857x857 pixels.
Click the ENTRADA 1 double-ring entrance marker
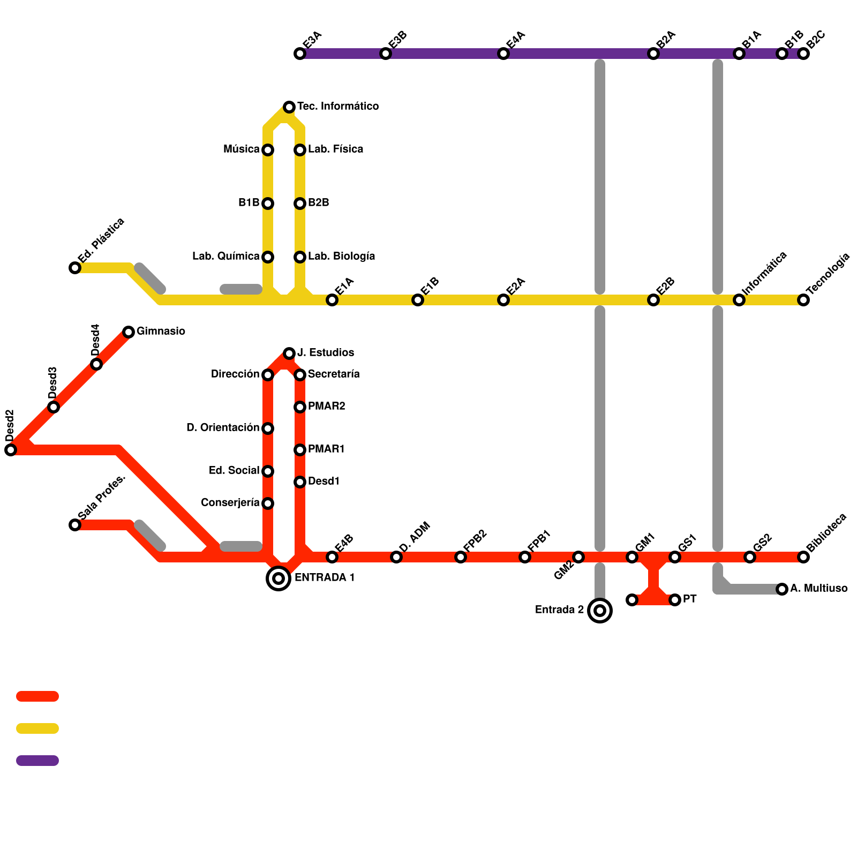coord(279,578)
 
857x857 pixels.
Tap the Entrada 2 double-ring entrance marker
coord(600,611)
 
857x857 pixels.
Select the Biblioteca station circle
coord(803,557)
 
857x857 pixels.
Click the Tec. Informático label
coord(338,107)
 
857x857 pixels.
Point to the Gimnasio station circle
coord(129,332)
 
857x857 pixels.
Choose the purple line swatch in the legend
coord(37,761)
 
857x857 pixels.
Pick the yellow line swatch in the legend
coord(37,728)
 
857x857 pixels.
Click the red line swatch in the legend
coord(37,696)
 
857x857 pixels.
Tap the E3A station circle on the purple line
coord(300,54)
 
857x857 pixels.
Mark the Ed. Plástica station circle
coord(75,268)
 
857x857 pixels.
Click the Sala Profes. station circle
coord(75,525)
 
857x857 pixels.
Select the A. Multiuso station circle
coord(782,589)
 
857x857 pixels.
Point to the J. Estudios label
coord(326,353)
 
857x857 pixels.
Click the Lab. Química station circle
coord(268,257)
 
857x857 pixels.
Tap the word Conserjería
coord(230,503)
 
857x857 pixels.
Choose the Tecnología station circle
coord(803,300)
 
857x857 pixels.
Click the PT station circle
coord(675,600)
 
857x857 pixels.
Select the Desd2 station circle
coord(11,450)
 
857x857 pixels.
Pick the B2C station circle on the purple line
coord(803,54)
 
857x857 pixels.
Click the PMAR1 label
coord(326,449)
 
